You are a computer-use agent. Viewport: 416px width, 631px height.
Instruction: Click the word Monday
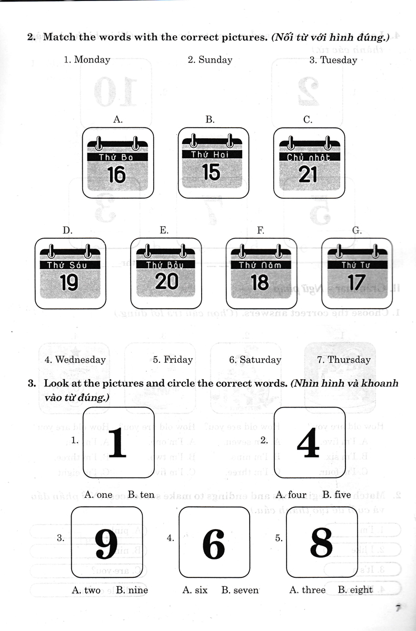pos(92,60)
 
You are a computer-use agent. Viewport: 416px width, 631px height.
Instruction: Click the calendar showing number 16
pos(116,164)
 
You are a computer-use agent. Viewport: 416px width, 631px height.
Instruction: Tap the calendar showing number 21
pos(308,164)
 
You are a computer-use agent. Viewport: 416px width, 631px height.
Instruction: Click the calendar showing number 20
pos(166,273)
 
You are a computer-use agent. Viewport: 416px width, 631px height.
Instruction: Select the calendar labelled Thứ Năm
pos(261,273)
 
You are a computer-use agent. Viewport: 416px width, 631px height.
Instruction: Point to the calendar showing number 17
pos(356,273)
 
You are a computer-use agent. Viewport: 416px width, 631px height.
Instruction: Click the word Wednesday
pos(81,360)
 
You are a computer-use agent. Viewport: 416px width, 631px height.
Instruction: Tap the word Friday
pos(179,360)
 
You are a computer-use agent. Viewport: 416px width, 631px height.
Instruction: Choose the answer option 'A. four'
pos(291,495)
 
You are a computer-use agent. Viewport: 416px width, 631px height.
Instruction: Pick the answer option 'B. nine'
pos(132,590)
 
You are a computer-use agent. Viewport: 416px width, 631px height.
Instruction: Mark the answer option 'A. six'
pos(195,590)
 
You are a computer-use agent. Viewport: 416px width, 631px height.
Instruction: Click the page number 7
pos(399,609)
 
